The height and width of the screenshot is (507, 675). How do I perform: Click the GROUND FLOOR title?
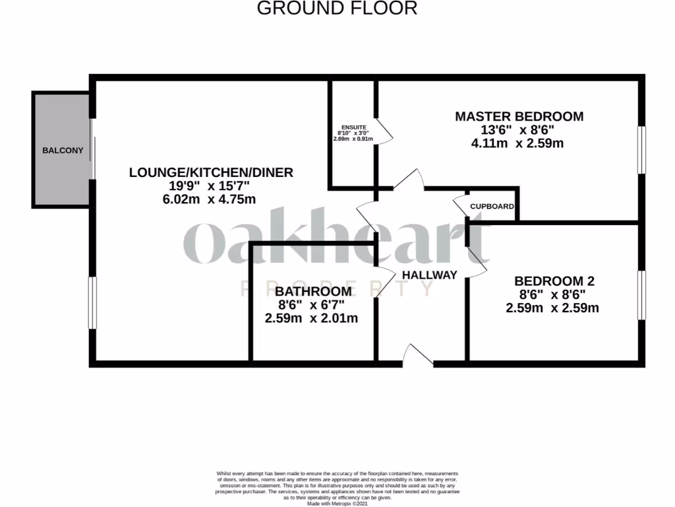337,9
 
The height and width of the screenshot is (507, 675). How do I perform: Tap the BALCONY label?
63,150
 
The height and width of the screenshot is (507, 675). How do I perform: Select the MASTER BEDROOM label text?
519,116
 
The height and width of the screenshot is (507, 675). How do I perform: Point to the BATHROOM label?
313,292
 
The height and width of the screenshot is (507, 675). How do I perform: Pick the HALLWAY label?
429,275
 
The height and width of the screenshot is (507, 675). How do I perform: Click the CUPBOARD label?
492,207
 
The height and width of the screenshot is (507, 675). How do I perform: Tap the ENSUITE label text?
355,127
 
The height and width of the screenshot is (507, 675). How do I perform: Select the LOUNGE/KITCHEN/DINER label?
211,172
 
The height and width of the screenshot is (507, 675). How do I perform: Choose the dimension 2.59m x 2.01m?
311,318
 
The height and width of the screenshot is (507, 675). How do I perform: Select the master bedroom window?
641,151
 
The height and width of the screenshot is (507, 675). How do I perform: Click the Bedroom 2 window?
641,294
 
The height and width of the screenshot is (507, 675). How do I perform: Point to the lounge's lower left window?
93,302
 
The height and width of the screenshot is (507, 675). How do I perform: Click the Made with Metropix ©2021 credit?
337,503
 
